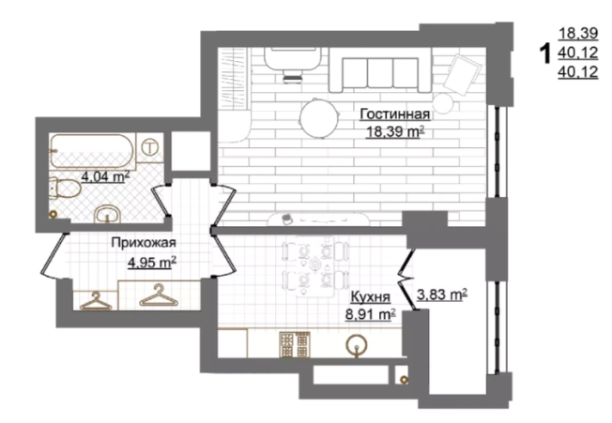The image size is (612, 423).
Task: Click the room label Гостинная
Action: tap(394, 114)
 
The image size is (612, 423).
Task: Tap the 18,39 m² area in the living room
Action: tap(394, 132)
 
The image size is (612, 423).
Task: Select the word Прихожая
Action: tap(144, 243)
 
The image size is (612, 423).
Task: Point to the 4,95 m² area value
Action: tap(152, 262)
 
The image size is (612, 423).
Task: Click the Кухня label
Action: tap(371, 297)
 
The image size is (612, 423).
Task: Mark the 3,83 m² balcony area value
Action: tap(442, 295)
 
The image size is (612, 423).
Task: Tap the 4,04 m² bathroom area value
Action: tap(105, 177)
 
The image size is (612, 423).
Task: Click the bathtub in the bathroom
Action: tap(93, 152)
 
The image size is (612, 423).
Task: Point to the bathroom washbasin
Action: tap(107, 214)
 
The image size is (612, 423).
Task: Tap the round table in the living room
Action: tap(319, 118)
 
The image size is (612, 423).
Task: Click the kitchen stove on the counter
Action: tap(295, 344)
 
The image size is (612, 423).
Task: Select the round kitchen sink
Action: tap(357, 346)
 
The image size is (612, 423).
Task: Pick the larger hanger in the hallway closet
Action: tap(158, 295)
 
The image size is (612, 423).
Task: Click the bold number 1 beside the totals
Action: tap(544, 53)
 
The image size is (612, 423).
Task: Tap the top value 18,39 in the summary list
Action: tap(578, 34)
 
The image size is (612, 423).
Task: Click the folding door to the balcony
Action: tap(406, 279)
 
